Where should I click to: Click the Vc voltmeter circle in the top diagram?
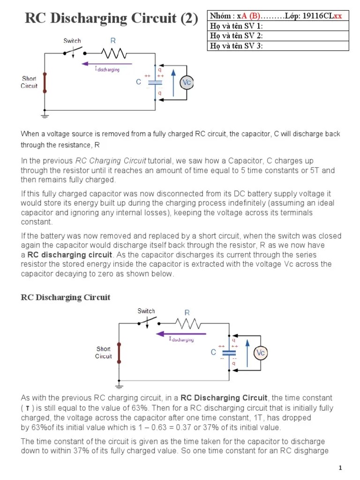tap(187, 82)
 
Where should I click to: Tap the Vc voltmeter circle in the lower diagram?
tap(260, 352)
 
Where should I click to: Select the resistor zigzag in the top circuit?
tap(113, 52)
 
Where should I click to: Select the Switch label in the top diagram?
tap(72, 41)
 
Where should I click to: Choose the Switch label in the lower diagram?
tap(146, 311)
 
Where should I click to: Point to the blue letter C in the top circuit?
tap(139, 82)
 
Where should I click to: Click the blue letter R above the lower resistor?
tap(187, 313)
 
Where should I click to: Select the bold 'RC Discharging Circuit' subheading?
tap(66, 297)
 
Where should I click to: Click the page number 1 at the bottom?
tap(341, 468)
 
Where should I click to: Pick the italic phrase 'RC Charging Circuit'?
tap(111, 161)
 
